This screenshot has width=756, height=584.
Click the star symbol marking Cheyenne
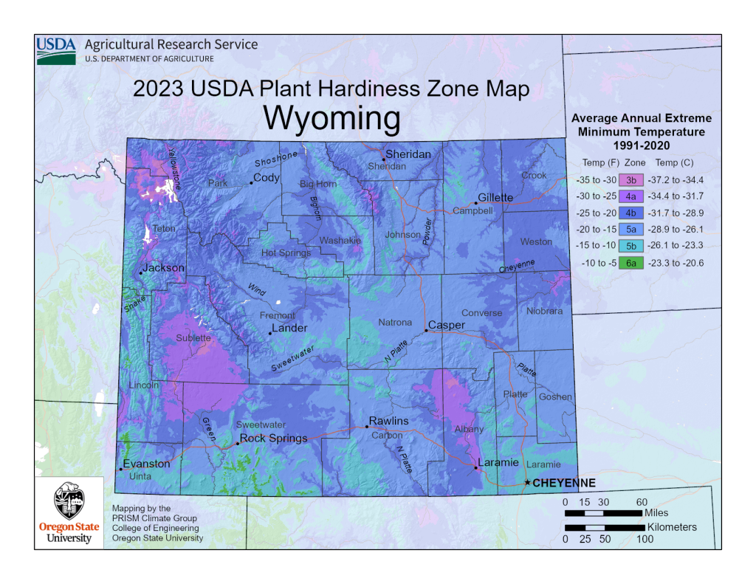tap(526, 482)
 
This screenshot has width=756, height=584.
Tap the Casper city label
tap(447, 325)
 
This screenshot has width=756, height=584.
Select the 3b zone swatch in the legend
tap(631, 179)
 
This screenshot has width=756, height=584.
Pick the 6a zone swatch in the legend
tap(631, 262)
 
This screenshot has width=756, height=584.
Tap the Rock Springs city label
tap(273, 438)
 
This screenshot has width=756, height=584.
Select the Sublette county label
tap(193, 338)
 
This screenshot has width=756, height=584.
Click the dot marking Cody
tap(251, 182)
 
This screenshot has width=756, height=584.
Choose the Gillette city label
tap(495, 197)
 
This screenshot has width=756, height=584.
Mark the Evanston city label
tap(146, 464)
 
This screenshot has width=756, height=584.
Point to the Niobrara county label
tap(544, 311)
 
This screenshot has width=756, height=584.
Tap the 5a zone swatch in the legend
tap(631, 229)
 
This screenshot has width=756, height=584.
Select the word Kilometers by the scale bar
tap(672, 527)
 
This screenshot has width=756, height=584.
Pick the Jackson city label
tap(163, 268)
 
